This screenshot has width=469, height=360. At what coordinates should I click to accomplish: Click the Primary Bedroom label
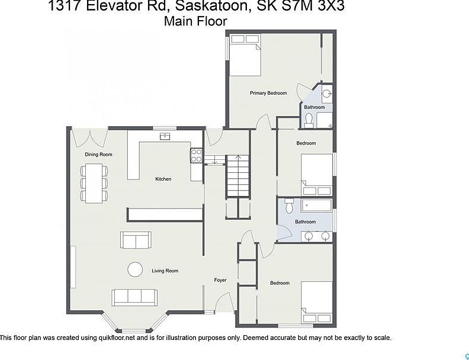268,93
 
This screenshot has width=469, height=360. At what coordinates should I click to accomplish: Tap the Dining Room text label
98,155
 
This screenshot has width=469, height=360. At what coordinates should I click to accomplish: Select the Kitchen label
163,179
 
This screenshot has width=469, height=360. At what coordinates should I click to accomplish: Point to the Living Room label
165,271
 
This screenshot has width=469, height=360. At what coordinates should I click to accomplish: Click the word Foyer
220,279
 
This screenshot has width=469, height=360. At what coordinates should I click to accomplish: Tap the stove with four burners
196,155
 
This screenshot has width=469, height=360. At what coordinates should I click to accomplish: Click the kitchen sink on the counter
165,137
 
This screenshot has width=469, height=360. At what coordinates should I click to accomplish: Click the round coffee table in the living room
135,269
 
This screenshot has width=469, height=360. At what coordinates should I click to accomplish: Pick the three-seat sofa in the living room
134,296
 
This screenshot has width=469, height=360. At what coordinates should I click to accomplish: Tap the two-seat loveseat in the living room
136,240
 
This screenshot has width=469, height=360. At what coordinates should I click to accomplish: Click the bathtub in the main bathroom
317,207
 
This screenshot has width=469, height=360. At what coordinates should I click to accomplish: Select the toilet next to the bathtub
290,207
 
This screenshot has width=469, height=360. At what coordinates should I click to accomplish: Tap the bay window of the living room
130,324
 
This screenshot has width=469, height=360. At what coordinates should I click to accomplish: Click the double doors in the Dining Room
89,137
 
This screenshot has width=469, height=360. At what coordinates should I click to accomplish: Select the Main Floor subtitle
195,21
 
